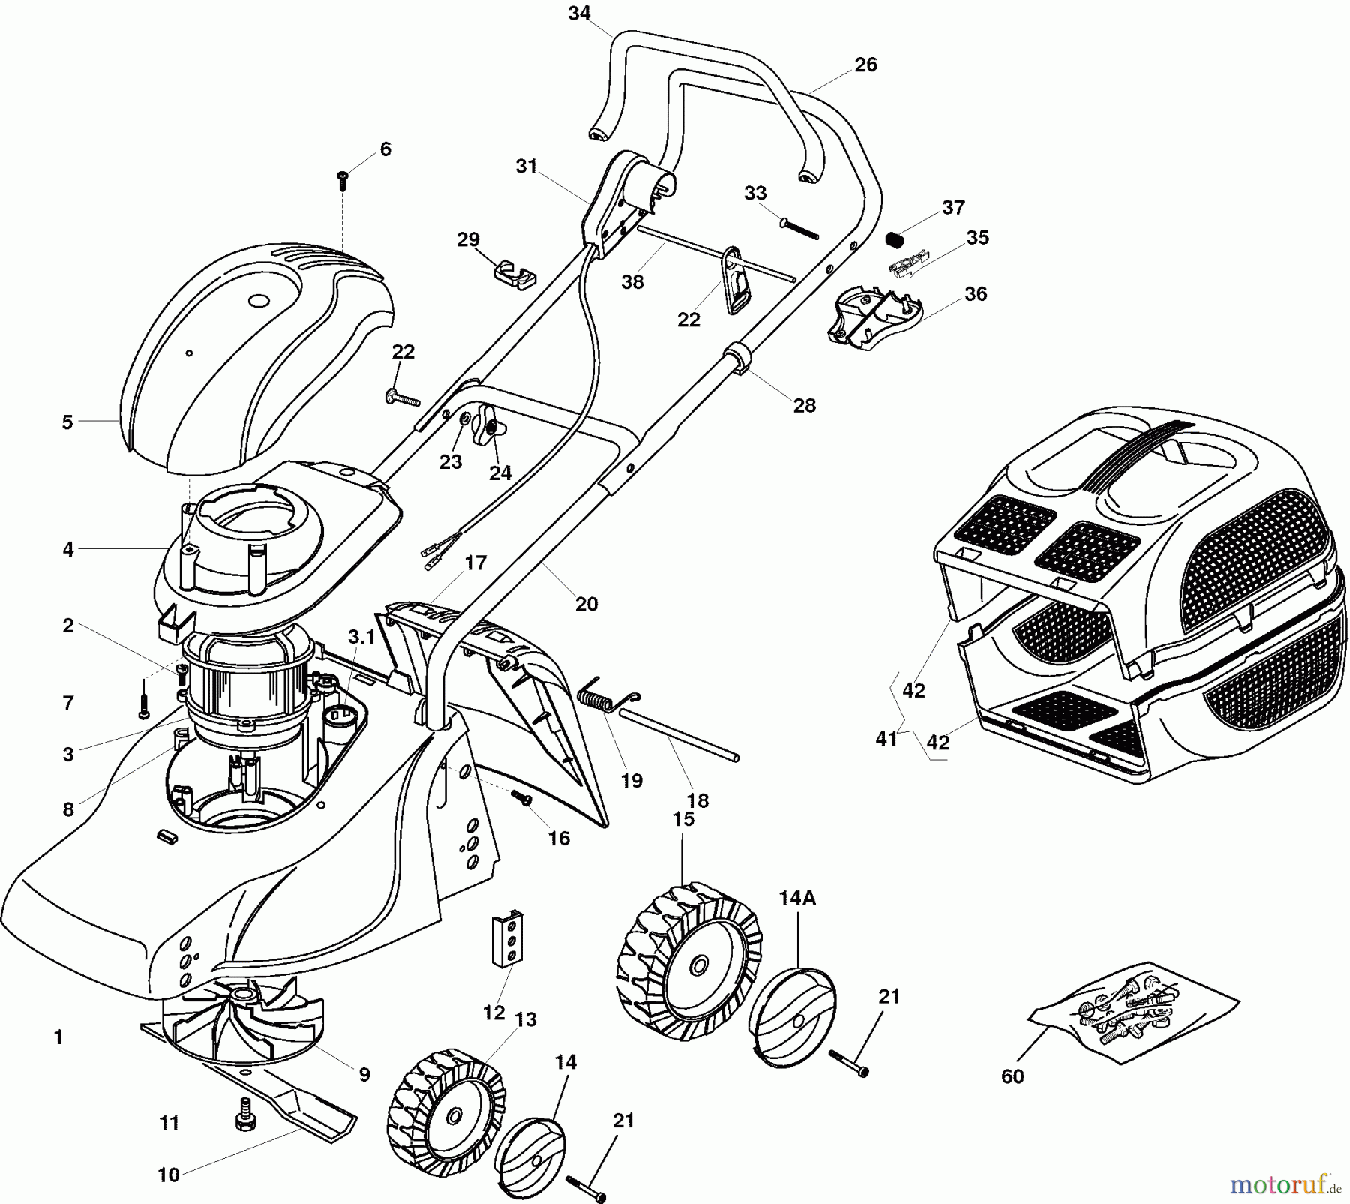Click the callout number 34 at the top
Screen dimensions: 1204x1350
579,14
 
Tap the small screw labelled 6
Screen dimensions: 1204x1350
343,178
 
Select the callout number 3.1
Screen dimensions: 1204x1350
361,637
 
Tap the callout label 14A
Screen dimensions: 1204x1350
796,898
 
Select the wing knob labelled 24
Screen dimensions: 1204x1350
489,425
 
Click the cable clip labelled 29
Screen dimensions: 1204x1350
515,274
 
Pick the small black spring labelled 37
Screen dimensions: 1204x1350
894,240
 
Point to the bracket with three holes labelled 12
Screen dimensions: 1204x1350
508,938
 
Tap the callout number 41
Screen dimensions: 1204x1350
886,739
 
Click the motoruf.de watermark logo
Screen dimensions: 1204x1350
1285,1184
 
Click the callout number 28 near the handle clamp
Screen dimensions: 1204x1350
805,406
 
